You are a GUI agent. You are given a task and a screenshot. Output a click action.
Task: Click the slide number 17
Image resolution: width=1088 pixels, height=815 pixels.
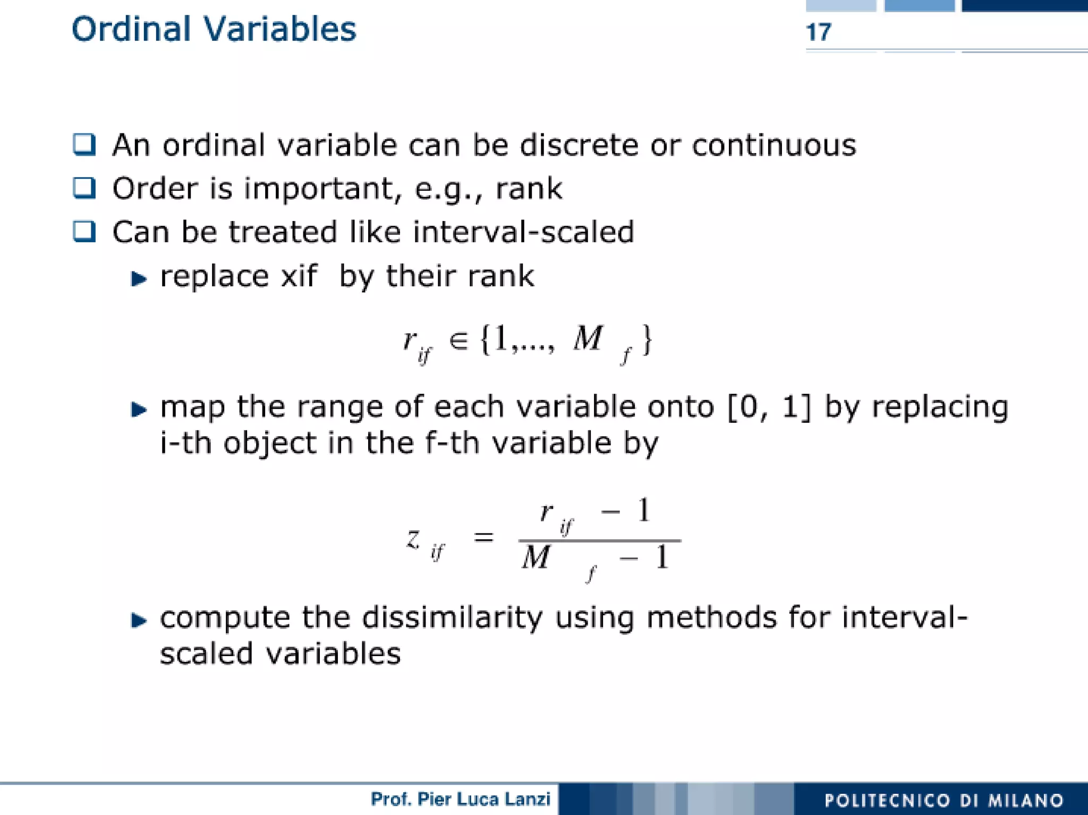coord(818,32)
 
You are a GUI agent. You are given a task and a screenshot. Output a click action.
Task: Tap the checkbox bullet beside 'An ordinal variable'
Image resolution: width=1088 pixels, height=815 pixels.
coord(84,145)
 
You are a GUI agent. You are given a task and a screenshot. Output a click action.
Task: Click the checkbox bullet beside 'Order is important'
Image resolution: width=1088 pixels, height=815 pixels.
coord(84,188)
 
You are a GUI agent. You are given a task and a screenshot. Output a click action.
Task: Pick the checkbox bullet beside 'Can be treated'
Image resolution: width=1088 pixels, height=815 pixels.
coord(84,232)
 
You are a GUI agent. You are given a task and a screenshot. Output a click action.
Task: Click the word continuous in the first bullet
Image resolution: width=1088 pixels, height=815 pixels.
coord(774,145)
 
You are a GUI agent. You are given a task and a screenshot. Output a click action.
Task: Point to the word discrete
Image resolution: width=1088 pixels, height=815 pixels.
coord(579,145)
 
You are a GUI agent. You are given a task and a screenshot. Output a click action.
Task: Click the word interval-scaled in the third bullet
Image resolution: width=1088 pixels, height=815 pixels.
coord(523,232)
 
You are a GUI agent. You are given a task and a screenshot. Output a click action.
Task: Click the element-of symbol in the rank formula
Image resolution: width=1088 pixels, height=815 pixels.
coord(458,340)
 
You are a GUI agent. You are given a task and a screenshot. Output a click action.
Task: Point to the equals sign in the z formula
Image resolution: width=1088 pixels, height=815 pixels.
coord(483,538)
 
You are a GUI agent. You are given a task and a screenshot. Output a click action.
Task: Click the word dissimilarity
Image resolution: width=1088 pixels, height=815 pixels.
coord(452,618)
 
